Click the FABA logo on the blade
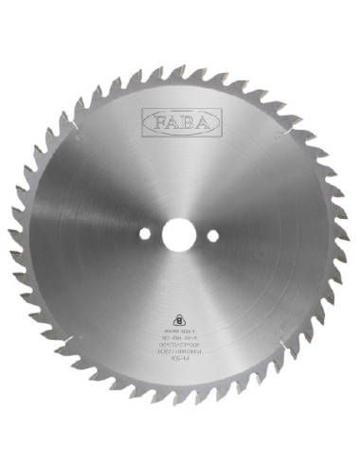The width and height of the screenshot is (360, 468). point(180,121)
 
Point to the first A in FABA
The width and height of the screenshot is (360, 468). point(171,121)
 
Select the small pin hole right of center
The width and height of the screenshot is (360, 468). point(212,234)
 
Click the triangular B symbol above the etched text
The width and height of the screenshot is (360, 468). point(180,318)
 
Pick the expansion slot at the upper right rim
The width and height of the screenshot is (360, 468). point(293,121)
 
